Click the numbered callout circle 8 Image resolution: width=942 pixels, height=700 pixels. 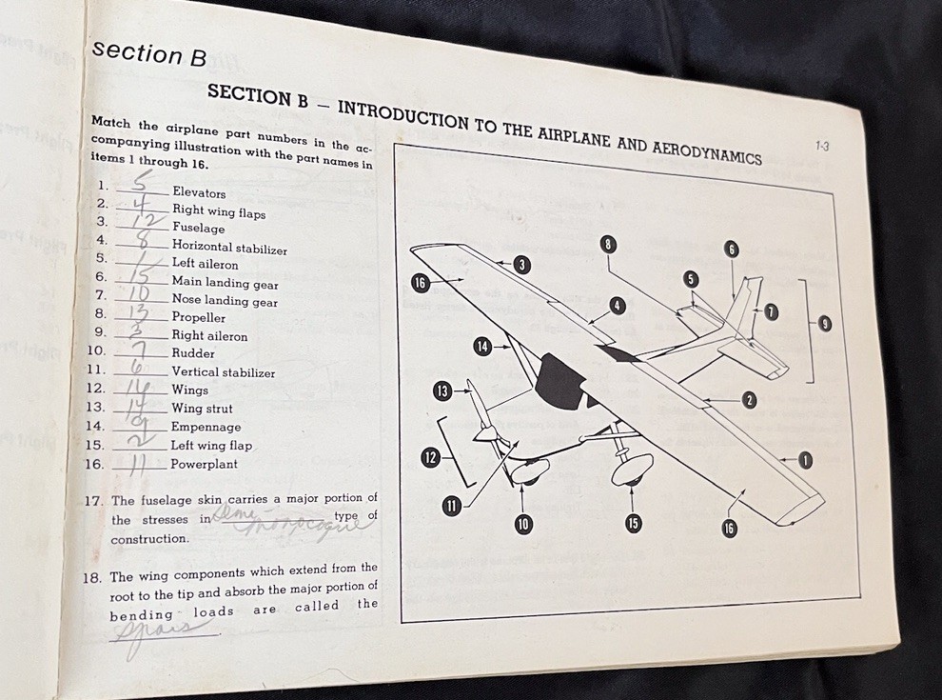coord(608,245)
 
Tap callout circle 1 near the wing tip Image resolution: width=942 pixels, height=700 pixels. coord(805,461)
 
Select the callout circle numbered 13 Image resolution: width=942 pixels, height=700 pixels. coord(442,390)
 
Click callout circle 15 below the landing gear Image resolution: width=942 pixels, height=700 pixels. coord(634,523)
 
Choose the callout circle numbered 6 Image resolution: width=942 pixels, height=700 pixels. coord(731,250)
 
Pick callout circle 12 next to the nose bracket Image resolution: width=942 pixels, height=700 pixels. coord(430,458)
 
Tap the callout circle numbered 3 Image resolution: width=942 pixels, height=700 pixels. coord(521,265)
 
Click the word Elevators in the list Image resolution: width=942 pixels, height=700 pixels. coord(199,193)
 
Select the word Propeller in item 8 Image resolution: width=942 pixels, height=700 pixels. coord(198,317)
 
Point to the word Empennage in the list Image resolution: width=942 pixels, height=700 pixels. coord(206,428)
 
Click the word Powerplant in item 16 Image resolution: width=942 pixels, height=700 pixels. coord(204,465)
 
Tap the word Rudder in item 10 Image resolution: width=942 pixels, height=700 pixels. coord(193,353)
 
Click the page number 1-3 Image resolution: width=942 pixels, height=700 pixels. coord(823,146)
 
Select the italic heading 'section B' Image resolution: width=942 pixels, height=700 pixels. coord(149,53)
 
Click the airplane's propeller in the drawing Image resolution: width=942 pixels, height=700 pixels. coord(483,419)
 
